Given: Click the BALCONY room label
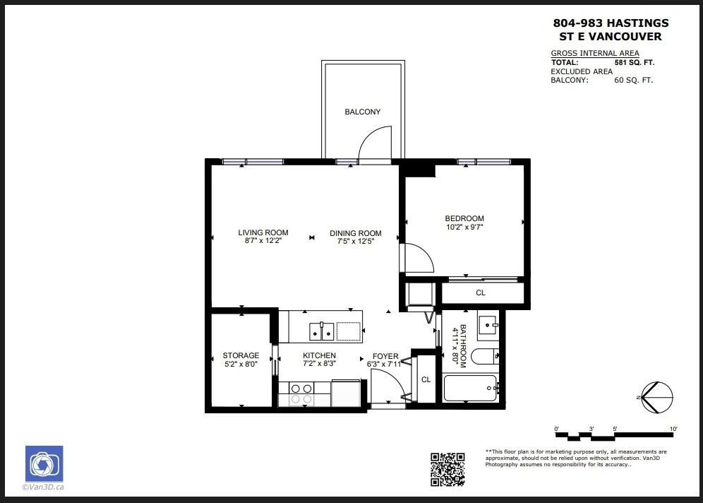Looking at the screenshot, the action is tap(362, 112).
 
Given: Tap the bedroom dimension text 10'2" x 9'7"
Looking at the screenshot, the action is tap(464, 227).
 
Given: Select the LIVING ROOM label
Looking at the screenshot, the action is tap(263, 232).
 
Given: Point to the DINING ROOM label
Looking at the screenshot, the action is tap(356, 233).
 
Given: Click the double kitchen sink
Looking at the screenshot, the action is tap(321, 331).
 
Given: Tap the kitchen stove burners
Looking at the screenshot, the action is tap(301, 393).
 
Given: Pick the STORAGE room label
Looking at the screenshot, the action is tap(241, 355).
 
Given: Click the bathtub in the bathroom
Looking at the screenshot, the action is tap(470, 388).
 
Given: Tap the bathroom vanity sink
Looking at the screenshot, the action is tap(488, 323).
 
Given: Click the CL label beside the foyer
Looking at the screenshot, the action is tap(426, 379).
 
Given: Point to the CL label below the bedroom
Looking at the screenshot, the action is tap(481, 292).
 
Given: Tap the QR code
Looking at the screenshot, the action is tap(447, 469).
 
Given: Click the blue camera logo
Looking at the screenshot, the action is tap(44, 463).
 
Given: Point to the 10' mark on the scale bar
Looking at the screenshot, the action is tap(673, 429).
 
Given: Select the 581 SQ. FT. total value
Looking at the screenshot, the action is tap(635, 62).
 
